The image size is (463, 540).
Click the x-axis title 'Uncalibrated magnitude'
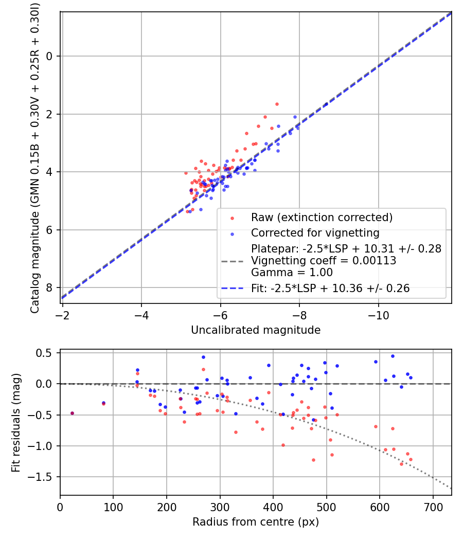click(x=256, y=330)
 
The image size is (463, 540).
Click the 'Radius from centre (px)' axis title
click(x=256, y=522)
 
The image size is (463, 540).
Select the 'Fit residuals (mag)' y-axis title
click(x=16, y=423)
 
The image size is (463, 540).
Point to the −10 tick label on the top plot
click(x=378, y=315)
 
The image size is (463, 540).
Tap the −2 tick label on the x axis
click(x=62, y=315)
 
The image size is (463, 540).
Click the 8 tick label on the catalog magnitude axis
click(x=49, y=287)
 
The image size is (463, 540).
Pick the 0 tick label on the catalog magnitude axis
click(x=49, y=56)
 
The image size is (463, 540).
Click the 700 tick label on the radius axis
click(x=433, y=507)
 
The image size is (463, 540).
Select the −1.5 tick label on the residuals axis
click(x=40, y=477)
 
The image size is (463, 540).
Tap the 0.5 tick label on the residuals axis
click(x=44, y=353)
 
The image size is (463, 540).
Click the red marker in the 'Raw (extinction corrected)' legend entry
click(x=232, y=218)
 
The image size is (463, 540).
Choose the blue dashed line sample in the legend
click(x=232, y=288)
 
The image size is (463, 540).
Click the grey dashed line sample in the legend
click(x=232, y=261)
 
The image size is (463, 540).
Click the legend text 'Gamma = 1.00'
click(x=292, y=273)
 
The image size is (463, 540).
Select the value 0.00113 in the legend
click(x=374, y=260)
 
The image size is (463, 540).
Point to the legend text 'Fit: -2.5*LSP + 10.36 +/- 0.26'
click(x=330, y=288)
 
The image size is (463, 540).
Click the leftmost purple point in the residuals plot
click(x=73, y=413)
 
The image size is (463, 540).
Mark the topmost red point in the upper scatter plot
click(x=277, y=104)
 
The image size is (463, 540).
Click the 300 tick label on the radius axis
click(x=220, y=507)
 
